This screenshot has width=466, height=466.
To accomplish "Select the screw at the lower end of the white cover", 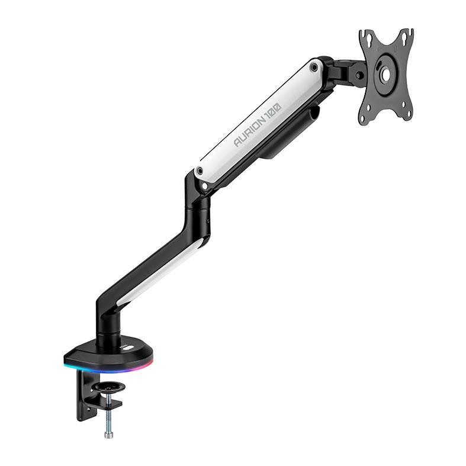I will tap(200, 172).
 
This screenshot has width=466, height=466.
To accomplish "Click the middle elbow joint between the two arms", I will tap(198, 207).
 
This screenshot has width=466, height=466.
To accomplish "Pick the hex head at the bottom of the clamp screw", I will tap(108, 435).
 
